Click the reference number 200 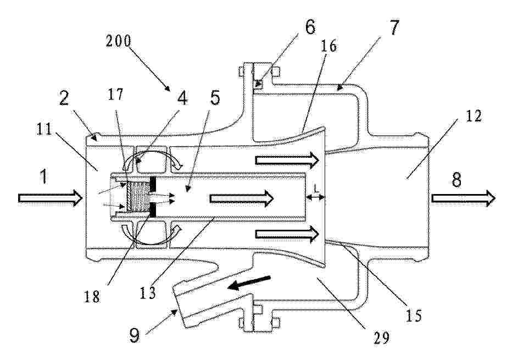[119, 41]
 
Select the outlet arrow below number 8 [463, 198]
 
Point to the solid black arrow [249, 283]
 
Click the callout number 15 [413, 315]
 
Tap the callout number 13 [148, 292]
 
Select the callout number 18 [91, 295]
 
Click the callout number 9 [134, 335]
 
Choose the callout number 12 [473, 116]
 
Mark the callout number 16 [328, 46]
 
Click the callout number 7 [393, 27]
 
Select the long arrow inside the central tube [242, 198]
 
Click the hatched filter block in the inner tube [138, 196]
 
